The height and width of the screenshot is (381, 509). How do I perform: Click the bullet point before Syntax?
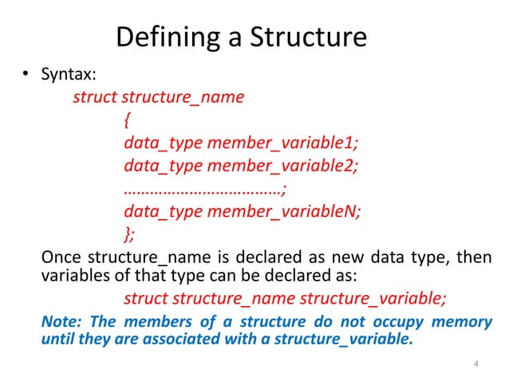26,77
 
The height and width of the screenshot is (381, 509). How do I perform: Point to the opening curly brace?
128,121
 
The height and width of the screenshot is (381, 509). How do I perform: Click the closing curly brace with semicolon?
130,234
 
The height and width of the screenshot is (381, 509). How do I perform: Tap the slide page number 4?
475,365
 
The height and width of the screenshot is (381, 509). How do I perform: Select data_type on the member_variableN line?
163,211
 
